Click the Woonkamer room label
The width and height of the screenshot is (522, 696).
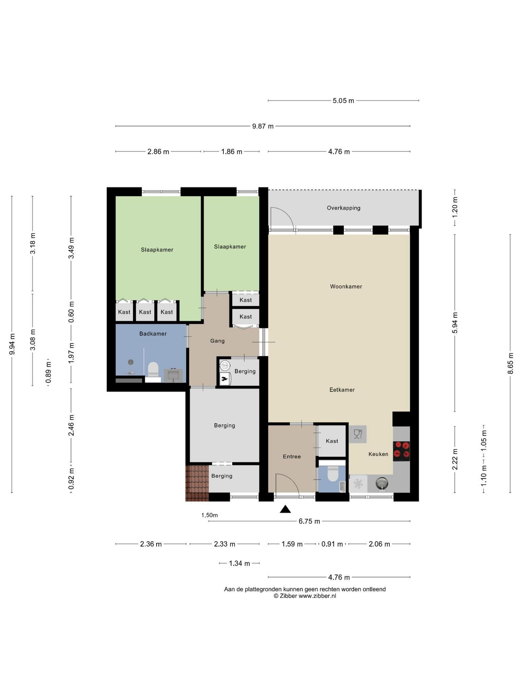(x=346, y=286)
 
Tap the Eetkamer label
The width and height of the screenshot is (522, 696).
(x=342, y=390)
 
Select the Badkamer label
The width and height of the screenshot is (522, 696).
(x=153, y=334)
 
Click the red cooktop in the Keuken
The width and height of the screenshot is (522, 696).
(x=401, y=451)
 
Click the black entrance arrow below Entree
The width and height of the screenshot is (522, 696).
(x=285, y=509)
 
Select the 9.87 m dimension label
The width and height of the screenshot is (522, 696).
(x=263, y=126)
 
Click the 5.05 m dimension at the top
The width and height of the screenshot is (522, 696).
(x=343, y=101)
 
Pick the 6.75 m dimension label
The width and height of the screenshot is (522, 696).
(x=309, y=521)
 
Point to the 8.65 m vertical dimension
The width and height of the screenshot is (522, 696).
(x=510, y=363)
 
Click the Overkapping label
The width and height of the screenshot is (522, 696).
(x=344, y=208)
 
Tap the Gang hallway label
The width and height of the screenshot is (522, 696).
(x=217, y=341)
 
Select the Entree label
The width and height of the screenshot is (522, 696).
(x=292, y=457)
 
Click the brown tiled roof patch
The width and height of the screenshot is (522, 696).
(x=197, y=483)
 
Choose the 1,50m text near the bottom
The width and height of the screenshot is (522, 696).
(x=209, y=515)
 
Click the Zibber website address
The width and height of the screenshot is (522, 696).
(x=317, y=596)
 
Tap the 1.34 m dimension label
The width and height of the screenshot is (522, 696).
(x=239, y=563)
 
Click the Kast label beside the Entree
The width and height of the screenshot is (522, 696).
(x=332, y=441)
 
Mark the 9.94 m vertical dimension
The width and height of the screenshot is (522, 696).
(x=12, y=344)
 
